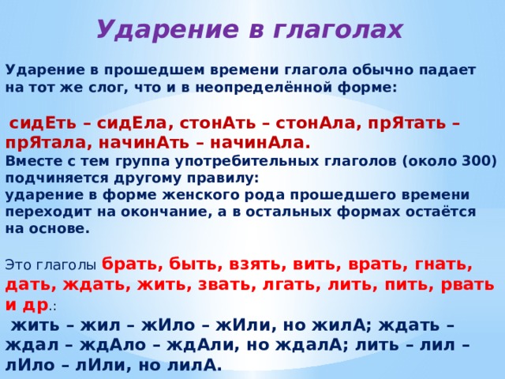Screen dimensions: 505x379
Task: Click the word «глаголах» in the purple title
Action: click(x=338, y=30)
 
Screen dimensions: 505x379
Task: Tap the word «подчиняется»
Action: click(x=53, y=178)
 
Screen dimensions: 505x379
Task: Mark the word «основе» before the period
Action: click(x=59, y=229)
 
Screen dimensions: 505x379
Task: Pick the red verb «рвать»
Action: click(x=467, y=285)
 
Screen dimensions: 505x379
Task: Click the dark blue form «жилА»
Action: click(x=339, y=325)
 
